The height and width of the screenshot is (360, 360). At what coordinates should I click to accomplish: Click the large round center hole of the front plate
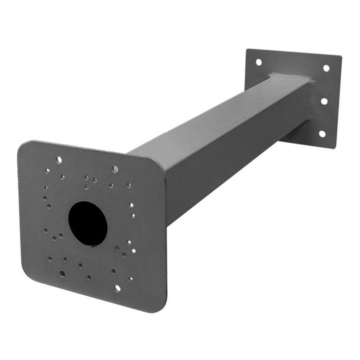[x=88, y=223]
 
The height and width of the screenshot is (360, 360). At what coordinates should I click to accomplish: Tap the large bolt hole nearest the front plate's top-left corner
[x=59, y=160]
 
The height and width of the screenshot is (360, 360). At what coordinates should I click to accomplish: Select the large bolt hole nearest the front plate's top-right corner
[x=115, y=169]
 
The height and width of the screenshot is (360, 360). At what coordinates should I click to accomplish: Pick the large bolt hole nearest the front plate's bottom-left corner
[x=62, y=274]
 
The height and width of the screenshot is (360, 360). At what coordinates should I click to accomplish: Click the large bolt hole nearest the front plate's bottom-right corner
[x=117, y=288]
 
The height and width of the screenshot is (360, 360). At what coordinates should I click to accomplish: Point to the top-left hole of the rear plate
[x=259, y=62]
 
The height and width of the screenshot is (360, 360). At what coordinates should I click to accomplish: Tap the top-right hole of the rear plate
[x=326, y=68]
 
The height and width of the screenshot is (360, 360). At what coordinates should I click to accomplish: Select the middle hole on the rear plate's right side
[x=324, y=101]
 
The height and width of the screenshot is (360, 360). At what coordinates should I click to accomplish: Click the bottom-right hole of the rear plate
[x=322, y=134]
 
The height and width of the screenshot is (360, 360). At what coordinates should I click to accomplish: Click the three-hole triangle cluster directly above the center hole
[x=91, y=181]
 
